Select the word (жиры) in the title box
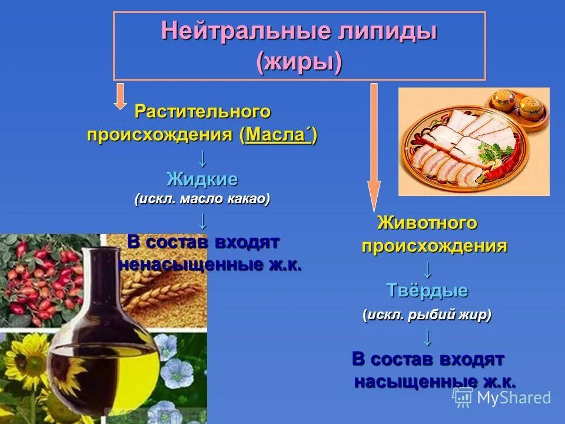tap(299, 61)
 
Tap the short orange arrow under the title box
tap(120, 96)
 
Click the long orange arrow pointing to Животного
tap(374, 147)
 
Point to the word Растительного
tap(202, 111)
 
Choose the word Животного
tap(427, 223)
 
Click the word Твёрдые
tap(427, 290)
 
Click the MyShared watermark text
tap(513, 397)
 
